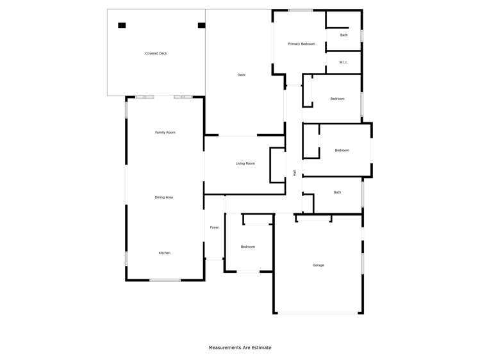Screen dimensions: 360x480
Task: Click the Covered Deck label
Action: (x=156, y=54)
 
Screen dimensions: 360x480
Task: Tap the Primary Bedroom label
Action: (x=301, y=44)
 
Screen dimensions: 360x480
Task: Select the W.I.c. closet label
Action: (x=343, y=62)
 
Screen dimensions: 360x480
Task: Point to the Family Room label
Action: (x=165, y=133)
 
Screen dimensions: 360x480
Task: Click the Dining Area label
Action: (x=164, y=197)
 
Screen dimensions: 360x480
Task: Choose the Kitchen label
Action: (x=165, y=253)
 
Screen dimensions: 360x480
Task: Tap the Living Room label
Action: (x=245, y=163)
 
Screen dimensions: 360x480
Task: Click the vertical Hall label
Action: (x=294, y=172)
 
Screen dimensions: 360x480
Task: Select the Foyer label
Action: (x=214, y=227)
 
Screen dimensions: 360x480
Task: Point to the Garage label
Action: (x=318, y=265)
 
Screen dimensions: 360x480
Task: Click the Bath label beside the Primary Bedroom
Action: (x=344, y=35)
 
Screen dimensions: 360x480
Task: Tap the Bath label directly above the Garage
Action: (x=337, y=192)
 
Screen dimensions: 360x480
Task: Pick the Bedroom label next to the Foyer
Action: (x=247, y=247)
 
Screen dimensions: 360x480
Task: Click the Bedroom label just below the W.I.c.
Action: (x=337, y=99)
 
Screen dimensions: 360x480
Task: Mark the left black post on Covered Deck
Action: (x=122, y=26)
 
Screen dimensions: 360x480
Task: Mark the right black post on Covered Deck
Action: (x=201, y=26)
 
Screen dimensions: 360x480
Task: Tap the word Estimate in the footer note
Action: (x=261, y=348)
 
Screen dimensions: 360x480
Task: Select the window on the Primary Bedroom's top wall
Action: (x=300, y=10)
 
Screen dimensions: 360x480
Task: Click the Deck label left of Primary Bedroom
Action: (x=242, y=75)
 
